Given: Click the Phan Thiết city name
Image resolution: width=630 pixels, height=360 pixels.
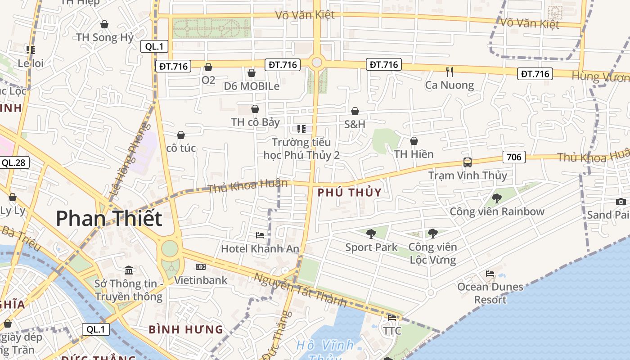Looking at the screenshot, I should (x=109, y=218).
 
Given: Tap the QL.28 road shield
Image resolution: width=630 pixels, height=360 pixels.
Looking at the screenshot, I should (x=13, y=162).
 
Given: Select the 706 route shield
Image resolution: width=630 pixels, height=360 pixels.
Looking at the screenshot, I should (x=514, y=157).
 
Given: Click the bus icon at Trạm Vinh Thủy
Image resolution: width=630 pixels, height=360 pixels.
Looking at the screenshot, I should (x=468, y=162).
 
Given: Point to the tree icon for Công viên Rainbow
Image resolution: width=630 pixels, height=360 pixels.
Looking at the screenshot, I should (x=497, y=198).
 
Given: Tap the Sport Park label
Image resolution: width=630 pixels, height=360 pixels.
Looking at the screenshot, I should (x=371, y=247).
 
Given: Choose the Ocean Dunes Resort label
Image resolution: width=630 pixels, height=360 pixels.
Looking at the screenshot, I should (x=490, y=293).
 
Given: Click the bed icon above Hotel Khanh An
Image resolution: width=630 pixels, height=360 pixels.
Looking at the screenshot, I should (x=260, y=235).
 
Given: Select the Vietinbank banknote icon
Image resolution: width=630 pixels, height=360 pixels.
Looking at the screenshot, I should (x=201, y=267).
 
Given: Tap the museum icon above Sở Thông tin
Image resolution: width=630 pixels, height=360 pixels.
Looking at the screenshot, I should (x=129, y=270).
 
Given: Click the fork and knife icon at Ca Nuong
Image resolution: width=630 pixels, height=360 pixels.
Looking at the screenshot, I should (x=449, y=72).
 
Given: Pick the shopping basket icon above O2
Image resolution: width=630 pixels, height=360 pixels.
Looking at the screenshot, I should (x=208, y=67).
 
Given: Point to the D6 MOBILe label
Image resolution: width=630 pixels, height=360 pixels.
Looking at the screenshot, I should (x=252, y=86).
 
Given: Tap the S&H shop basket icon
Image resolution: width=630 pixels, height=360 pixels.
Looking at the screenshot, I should (x=355, y=111).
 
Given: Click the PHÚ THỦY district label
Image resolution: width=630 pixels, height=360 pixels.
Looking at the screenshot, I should (x=349, y=193).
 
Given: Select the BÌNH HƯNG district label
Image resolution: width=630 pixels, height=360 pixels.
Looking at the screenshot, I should (x=186, y=329).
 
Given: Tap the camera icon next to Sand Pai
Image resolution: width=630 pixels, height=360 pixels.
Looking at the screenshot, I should (x=621, y=202).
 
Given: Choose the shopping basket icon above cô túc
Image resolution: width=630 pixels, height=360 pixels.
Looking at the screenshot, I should (x=181, y=135).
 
